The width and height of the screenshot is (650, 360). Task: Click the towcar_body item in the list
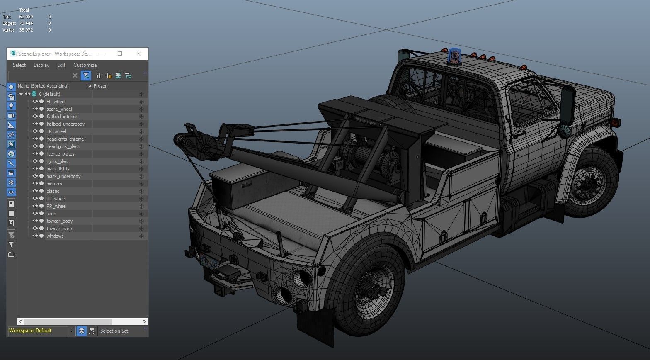[59, 221]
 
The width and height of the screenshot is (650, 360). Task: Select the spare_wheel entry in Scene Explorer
[59, 109]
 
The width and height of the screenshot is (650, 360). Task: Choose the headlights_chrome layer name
[65, 139]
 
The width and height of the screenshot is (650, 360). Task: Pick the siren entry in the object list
[51, 214]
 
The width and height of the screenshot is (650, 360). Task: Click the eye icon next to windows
[35, 236]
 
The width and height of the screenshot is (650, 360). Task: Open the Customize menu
[85, 65]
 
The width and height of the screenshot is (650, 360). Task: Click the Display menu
[41, 65]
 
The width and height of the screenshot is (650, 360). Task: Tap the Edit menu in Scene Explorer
[61, 65]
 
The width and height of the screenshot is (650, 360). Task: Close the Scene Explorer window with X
[139, 54]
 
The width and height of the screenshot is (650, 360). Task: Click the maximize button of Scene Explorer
[120, 54]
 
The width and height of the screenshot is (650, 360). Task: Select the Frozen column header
[100, 86]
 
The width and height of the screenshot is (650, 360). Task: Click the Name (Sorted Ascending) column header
[43, 86]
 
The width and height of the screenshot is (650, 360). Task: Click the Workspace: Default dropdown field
[38, 331]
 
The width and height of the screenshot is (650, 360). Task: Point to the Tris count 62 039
[26, 17]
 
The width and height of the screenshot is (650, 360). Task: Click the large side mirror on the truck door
[567, 105]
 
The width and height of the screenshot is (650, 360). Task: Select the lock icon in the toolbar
[98, 75]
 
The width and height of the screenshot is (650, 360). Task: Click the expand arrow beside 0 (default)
[21, 94]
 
